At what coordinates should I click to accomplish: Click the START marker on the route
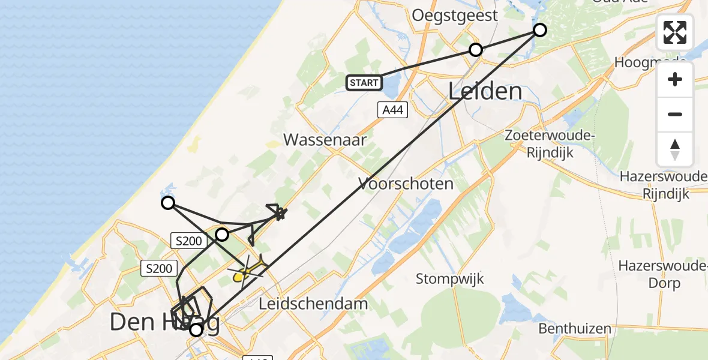point(364,83)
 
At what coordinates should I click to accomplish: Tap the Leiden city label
point(485,92)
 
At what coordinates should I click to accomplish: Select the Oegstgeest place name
point(455,16)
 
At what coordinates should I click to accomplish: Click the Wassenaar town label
point(325,140)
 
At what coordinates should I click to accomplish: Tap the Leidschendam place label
point(313,304)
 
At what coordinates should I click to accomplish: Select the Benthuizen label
point(574,328)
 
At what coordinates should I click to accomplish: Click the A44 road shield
point(392,110)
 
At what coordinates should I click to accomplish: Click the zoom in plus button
point(675,79)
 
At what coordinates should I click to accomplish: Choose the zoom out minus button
point(675,114)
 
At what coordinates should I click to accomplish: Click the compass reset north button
point(675,149)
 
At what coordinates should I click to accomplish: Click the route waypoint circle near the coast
point(169,203)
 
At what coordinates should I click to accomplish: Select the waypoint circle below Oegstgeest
point(476,50)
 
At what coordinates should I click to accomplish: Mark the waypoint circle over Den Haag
point(196,329)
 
